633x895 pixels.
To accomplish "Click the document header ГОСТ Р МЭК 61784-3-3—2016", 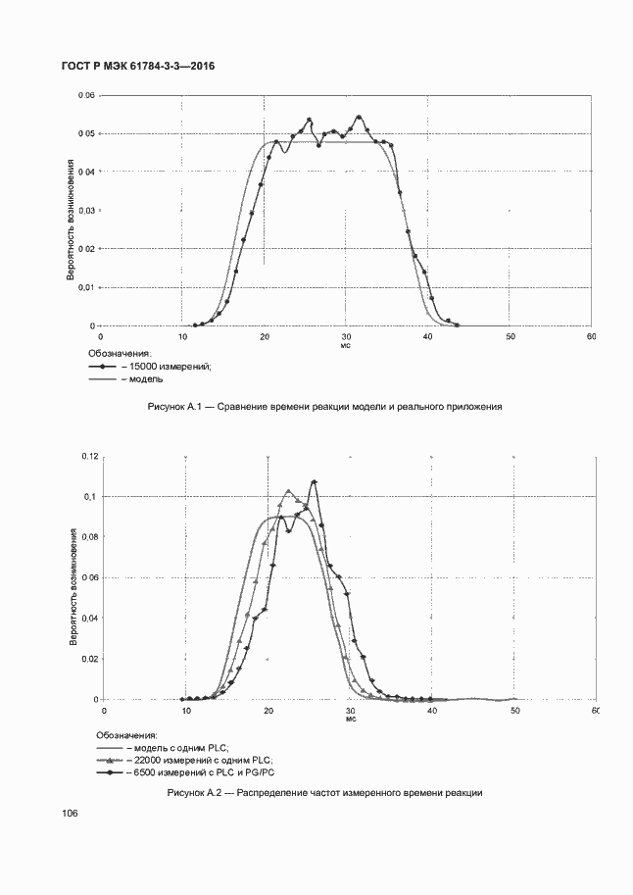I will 138,66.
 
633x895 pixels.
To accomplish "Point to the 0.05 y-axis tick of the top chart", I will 86,133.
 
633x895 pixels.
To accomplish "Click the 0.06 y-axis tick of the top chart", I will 86,95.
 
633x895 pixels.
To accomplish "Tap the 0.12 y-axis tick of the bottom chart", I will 90,457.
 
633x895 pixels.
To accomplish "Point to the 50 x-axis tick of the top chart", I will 510,336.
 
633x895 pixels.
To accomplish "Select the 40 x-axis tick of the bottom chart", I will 431,710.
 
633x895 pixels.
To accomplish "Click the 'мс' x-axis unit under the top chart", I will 345,345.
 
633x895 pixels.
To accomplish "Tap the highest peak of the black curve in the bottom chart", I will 314,481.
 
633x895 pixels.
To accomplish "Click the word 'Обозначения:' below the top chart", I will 121,353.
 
